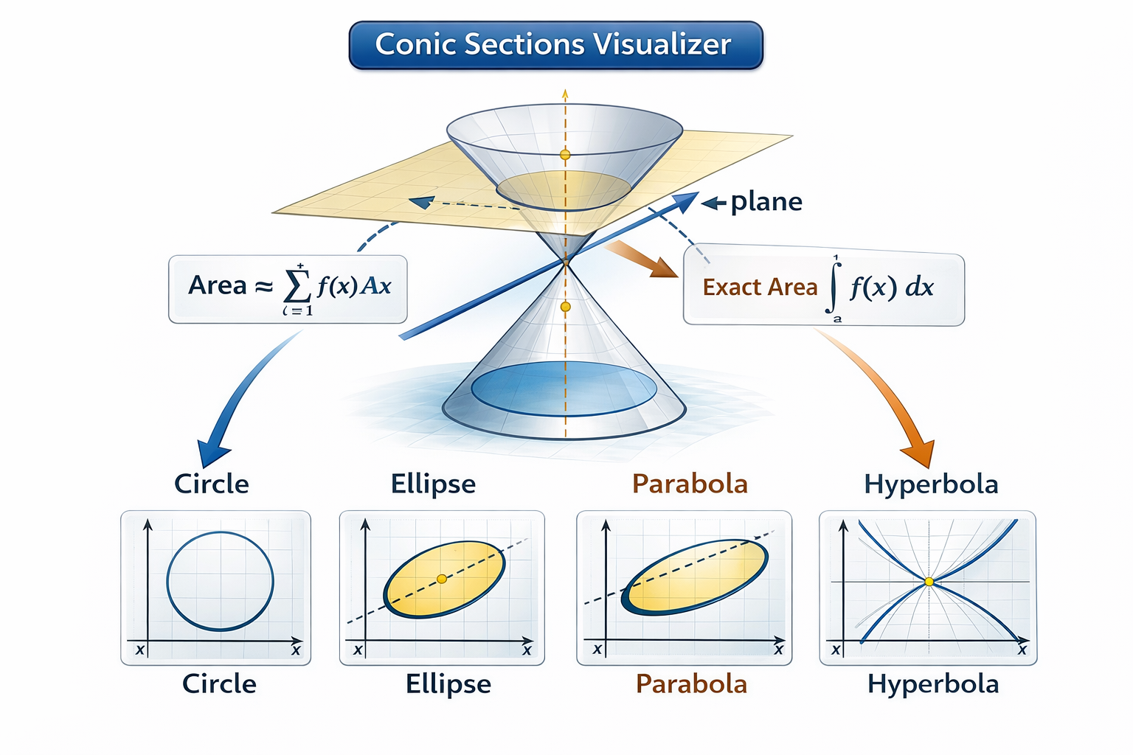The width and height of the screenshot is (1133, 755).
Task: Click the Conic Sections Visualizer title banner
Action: pyautogui.click(x=555, y=45)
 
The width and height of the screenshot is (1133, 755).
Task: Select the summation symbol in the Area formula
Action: pyautogui.click(x=297, y=287)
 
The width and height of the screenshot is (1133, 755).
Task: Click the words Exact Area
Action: pyautogui.click(x=760, y=287)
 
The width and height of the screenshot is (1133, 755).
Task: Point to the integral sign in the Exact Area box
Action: pyautogui.click(x=834, y=288)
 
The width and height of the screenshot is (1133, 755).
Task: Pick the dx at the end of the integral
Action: pyautogui.click(x=919, y=287)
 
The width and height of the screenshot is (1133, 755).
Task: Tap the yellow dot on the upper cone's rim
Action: pyautogui.click(x=565, y=155)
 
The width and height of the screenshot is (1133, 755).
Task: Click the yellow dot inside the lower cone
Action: pyautogui.click(x=565, y=307)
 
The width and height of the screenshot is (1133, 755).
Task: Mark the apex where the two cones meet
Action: pyautogui.click(x=566, y=261)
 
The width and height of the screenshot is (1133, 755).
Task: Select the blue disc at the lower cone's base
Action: pyautogui.click(x=564, y=389)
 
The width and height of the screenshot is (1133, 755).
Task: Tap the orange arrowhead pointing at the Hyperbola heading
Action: pyautogui.click(x=918, y=451)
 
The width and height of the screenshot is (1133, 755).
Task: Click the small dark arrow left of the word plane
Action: pyautogui.click(x=713, y=203)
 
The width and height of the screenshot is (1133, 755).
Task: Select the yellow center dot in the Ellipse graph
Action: pyautogui.click(x=442, y=579)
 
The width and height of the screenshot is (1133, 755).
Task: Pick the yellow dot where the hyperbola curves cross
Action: pyautogui.click(x=929, y=582)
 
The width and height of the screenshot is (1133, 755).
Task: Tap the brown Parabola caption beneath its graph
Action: pyautogui.click(x=691, y=684)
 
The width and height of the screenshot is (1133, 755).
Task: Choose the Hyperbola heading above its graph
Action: pyautogui.click(x=931, y=484)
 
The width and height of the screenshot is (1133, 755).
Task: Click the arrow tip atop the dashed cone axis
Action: pyautogui.click(x=565, y=94)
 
